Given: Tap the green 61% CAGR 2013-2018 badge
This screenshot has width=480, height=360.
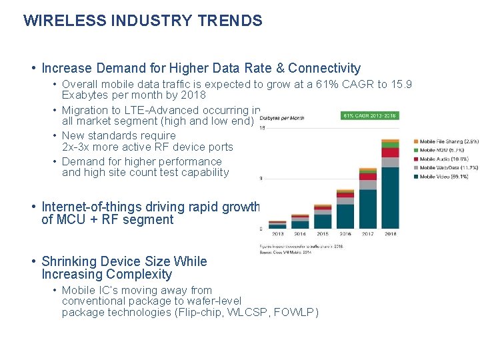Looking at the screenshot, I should pos(370,115).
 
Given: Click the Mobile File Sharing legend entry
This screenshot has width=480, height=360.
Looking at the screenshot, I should pos(448,141).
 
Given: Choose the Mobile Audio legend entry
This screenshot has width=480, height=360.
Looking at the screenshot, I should pos(444,159).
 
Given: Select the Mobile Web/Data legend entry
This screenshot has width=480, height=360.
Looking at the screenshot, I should pos(447,168).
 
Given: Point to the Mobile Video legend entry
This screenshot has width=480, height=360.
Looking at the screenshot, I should pos(444,177).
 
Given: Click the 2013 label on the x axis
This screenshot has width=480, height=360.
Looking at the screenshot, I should pos(277,234).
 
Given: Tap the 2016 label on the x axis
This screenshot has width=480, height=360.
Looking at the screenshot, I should pos(345,234).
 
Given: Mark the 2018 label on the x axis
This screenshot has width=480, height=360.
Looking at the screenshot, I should pos(389,234).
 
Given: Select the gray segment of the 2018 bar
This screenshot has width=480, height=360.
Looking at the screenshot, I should pos(390,162).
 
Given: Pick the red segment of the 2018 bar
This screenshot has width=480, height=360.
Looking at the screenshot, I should pos(390,153).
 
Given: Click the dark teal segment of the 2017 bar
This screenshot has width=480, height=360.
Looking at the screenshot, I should pos(367,209).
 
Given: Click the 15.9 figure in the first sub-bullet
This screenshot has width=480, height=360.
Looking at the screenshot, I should pos(401,84).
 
